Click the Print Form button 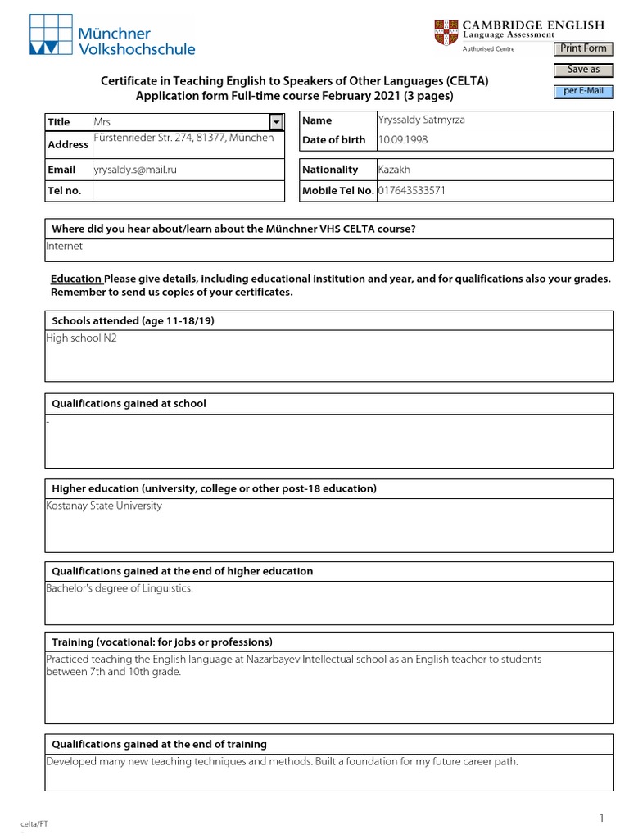point(583,49)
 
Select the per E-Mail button point(583,91)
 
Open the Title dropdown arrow point(276,121)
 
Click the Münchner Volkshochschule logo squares point(52,34)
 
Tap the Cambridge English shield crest point(446,34)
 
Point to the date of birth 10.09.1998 point(403,140)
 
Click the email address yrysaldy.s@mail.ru point(136,170)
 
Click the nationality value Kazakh point(394,170)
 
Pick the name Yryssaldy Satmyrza point(421,120)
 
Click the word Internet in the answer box point(65,246)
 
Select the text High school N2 point(82,338)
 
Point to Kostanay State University point(104,506)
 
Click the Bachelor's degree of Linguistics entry point(120,589)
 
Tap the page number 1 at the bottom point(601,818)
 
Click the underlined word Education point(75,279)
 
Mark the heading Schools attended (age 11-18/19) point(133,320)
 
